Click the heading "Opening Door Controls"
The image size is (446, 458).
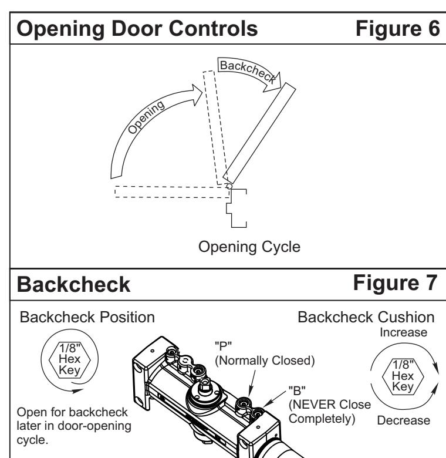[137, 29]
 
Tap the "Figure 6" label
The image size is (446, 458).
[397, 29]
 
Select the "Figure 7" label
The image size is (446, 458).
[395, 283]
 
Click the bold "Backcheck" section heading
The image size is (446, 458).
[73, 284]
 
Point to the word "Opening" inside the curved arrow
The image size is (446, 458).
[146, 117]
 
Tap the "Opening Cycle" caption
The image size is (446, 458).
[249, 247]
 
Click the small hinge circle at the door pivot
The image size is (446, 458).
[229, 186]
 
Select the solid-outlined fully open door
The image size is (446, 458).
[259, 133]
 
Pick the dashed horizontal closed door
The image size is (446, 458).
[172, 192]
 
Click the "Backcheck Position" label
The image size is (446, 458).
[87, 317]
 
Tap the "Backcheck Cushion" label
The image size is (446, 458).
[366, 317]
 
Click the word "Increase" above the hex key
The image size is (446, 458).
[403, 332]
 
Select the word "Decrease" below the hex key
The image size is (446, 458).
[404, 420]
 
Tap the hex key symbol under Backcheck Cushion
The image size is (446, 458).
[403, 376]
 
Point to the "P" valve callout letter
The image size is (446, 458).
[223, 346]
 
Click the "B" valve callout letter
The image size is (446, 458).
[297, 390]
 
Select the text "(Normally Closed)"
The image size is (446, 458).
[265, 361]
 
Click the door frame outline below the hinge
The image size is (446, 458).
[236, 208]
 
